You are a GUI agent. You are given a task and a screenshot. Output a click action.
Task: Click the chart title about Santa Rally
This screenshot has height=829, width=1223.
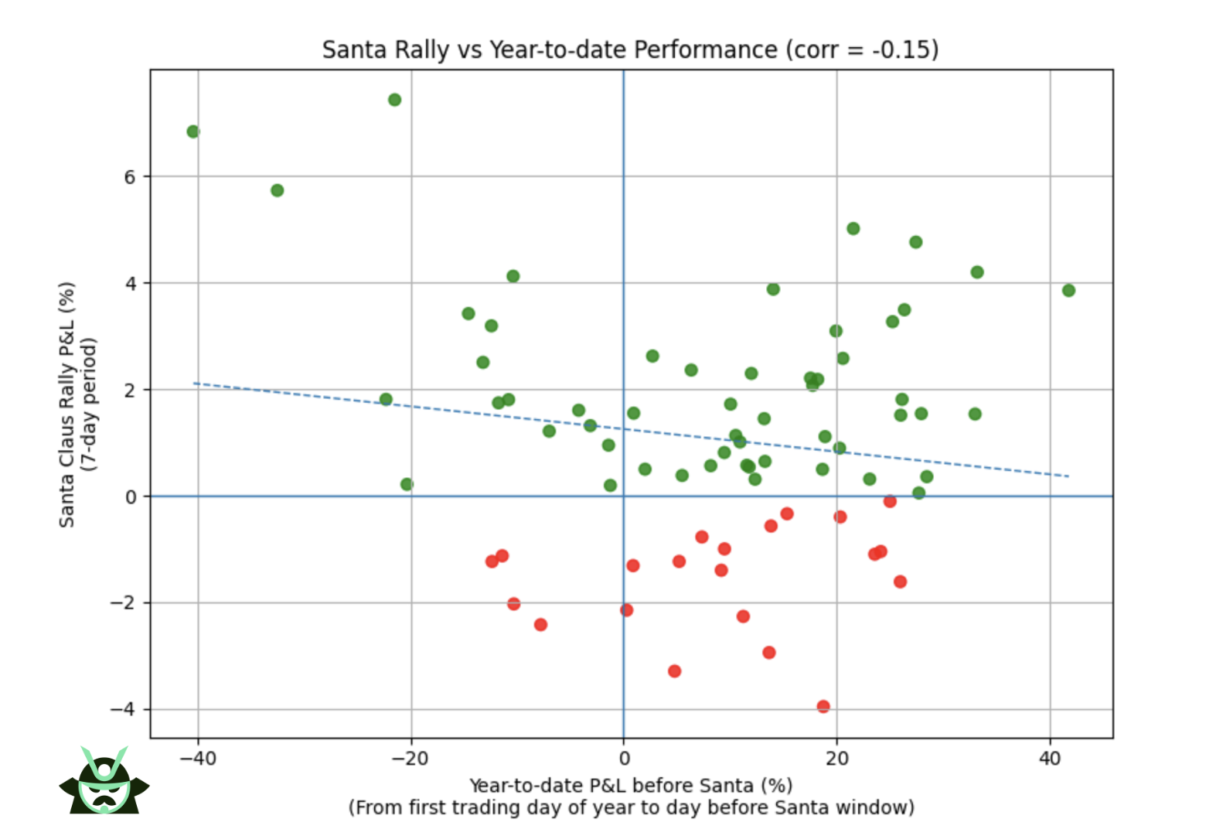[x=630, y=49]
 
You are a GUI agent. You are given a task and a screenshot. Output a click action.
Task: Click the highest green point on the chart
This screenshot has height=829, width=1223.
[x=394, y=100]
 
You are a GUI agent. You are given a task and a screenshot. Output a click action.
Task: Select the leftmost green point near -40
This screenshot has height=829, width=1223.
[x=193, y=131]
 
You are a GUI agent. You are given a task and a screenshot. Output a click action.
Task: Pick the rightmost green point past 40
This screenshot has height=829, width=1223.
[x=1068, y=291]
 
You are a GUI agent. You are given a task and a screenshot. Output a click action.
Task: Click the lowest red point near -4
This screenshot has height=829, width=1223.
[x=823, y=706]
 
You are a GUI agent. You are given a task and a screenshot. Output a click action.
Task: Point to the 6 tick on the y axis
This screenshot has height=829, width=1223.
[x=129, y=177]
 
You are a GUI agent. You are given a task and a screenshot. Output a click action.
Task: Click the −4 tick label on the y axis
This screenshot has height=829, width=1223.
[x=123, y=709]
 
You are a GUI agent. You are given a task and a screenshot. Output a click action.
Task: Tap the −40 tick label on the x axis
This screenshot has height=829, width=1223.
[x=198, y=759]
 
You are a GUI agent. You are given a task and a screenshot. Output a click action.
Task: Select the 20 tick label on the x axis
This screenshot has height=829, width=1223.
[x=836, y=759]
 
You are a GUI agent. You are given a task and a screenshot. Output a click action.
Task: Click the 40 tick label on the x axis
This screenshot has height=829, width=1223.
[x=1050, y=759]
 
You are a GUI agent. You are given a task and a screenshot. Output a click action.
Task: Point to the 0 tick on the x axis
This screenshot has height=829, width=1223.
[x=624, y=759]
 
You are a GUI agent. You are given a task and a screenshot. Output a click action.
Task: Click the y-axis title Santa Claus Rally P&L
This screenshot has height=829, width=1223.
[x=67, y=404]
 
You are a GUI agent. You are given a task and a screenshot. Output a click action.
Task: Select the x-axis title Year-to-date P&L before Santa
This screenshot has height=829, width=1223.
[x=630, y=786]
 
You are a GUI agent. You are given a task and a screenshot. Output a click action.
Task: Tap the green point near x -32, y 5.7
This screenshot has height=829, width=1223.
[x=277, y=190]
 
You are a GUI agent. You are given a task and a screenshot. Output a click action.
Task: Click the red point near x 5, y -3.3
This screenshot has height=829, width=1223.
[x=674, y=671]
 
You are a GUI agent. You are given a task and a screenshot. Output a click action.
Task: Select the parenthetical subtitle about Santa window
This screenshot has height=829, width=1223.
[x=630, y=808]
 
